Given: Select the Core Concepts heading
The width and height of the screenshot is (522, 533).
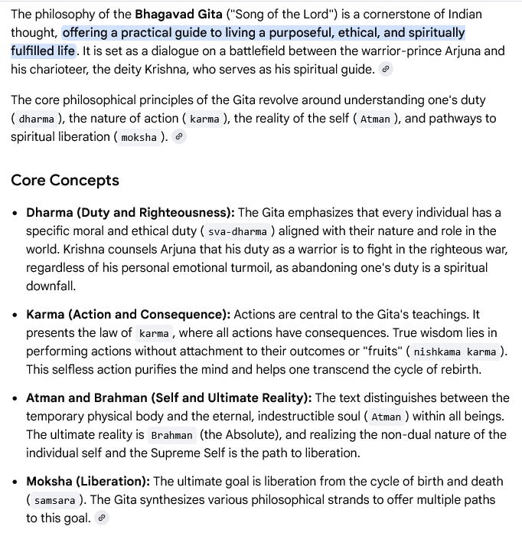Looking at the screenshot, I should pyautogui.click(x=65, y=181).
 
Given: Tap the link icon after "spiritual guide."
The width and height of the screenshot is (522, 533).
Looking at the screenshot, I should pyautogui.click(x=386, y=70).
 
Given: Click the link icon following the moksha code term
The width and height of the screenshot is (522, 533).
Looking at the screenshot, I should pyautogui.click(x=179, y=137).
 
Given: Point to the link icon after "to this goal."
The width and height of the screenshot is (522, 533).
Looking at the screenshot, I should pyautogui.click(x=102, y=518).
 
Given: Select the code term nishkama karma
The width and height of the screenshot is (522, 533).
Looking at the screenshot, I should pyautogui.click(x=455, y=352).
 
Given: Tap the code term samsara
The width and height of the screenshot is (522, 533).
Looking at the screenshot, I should pyautogui.click(x=55, y=500).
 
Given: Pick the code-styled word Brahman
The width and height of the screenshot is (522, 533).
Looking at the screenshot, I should pyautogui.click(x=171, y=435).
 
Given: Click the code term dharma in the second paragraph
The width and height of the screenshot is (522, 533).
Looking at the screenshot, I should pyautogui.click(x=37, y=119).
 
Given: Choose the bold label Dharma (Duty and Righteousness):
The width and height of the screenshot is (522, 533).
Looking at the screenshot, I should pyautogui.click(x=130, y=212).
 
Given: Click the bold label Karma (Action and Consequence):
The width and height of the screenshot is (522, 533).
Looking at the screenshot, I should pyautogui.click(x=128, y=314).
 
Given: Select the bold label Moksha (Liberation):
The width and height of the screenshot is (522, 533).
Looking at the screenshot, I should pyautogui.click(x=88, y=481).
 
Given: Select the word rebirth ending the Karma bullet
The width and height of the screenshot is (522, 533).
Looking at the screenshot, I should pyautogui.click(x=458, y=369).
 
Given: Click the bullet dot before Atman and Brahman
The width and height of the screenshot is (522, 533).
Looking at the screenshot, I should pyautogui.click(x=15, y=398).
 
